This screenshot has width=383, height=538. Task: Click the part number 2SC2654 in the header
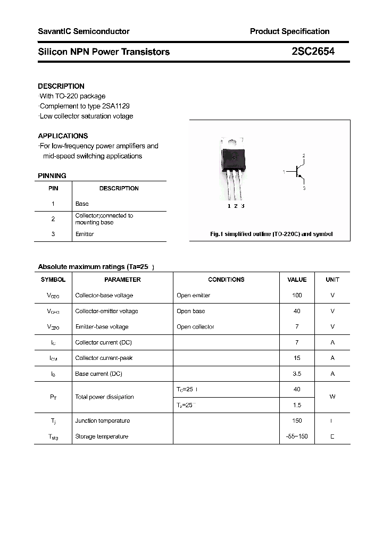(x=313, y=52)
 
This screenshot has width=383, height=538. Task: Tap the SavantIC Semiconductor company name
(x=84, y=31)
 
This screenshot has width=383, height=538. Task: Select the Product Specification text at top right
(x=289, y=31)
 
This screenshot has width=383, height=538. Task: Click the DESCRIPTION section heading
(x=61, y=86)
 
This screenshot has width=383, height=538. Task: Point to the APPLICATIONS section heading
(x=63, y=136)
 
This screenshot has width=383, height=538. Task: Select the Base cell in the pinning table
(x=82, y=204)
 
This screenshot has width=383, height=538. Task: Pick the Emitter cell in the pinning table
(x=85, y=234)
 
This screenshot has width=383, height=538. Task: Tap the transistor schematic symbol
(x=298, y=172)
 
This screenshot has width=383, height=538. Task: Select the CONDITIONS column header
(x=226, y=280)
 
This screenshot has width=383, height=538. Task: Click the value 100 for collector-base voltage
(x=297, y=295)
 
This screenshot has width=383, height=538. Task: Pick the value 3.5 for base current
(x=297, y=374)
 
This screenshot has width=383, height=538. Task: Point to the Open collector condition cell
(x=195, y=327)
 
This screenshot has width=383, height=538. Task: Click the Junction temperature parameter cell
(x=103, y=421)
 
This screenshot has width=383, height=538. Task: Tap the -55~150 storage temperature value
(x=297, y=436)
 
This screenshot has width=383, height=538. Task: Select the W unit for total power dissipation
(x=332, y=397)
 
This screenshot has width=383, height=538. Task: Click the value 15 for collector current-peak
(x=297, y=358)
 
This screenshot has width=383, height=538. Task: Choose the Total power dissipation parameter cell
(x=105, y=397)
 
